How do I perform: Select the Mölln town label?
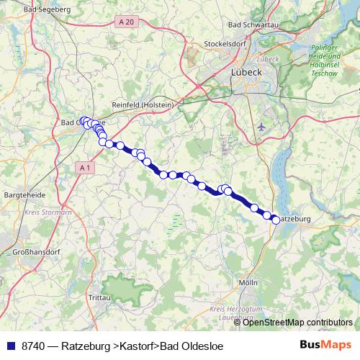tap(247, 282)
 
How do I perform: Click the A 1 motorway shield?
tap(85, 168)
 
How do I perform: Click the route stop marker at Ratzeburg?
tap(275, 220)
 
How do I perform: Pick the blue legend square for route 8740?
tap(10, 346)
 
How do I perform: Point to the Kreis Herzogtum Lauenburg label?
tap(233, 311)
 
